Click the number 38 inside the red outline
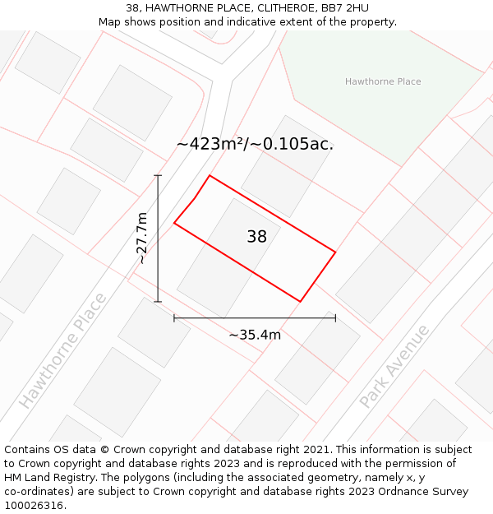pos(257,237)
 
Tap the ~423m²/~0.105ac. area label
pos(255,144)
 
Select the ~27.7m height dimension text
pos(142,238)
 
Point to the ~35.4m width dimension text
pos(255,335)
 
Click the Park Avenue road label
pos(394,366)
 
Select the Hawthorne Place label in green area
pos(383,81)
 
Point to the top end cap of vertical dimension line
pos(158,175)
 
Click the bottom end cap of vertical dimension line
pos(158,302)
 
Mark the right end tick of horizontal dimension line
pos(335,317)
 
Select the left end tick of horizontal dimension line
pos(174,317)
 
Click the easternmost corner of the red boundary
pos(335,252)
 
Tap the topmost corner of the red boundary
pos(210,175)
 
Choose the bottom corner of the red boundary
pos(300,302)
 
